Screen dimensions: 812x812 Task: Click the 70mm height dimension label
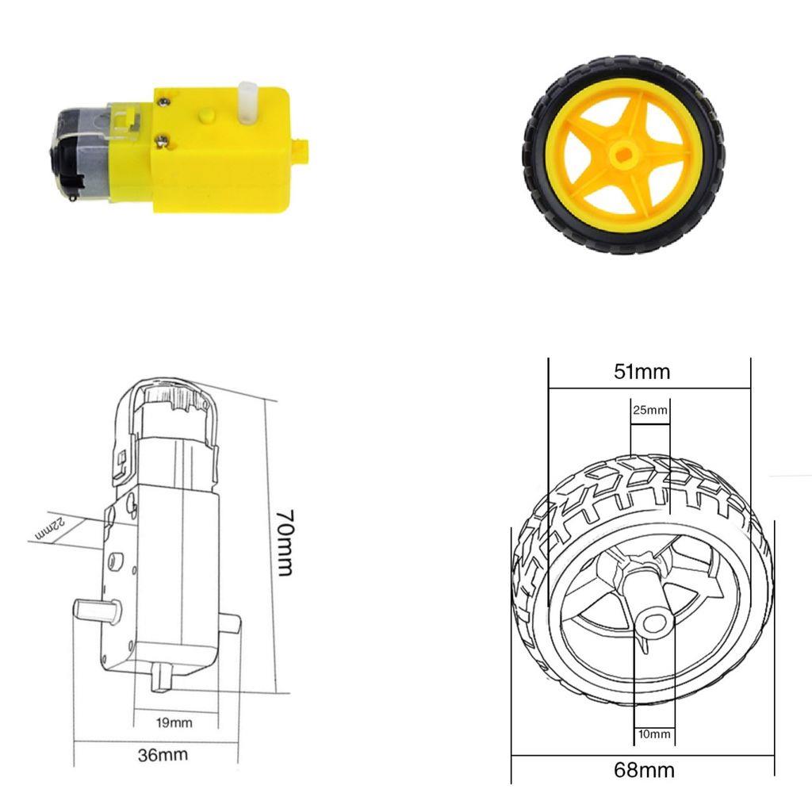click(x=285, y=542)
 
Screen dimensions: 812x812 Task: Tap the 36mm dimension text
click(x=163, y=754)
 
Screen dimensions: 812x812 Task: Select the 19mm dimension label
click(x=174, y=722)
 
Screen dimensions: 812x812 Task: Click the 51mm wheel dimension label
click(x=642, y=371)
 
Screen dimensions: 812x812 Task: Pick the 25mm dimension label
click(x=649, y=410)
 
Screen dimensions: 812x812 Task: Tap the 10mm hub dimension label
click(x=653, y=734)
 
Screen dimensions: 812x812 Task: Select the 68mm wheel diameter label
click(x=643, y=769)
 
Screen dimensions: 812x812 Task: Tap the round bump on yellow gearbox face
click(x=207, y=116)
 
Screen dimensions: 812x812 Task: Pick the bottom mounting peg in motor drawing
click(x=164, y=677)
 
